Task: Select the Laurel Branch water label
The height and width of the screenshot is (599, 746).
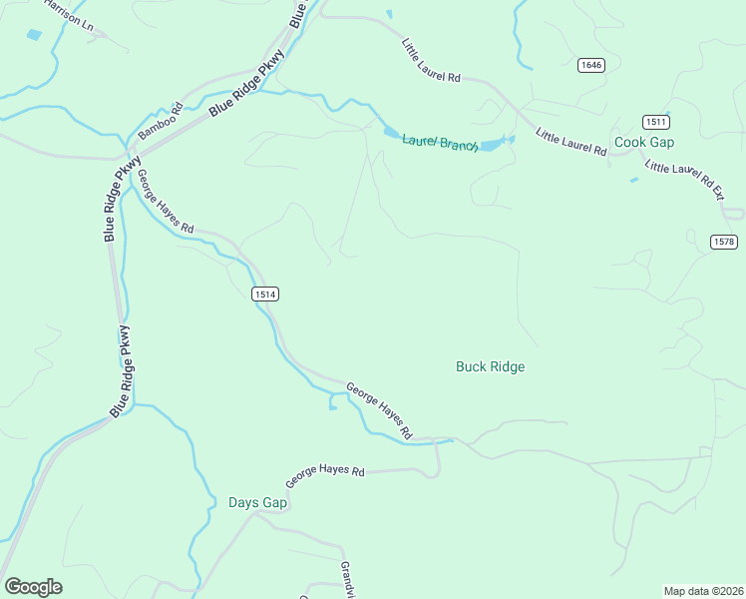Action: click(x=441, y=143)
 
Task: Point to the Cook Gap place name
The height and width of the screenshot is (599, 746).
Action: click(x=644, y=143)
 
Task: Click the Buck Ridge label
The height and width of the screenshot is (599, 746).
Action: click(x=490, y=366)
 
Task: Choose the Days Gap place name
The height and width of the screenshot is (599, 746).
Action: click(x=257, y=502)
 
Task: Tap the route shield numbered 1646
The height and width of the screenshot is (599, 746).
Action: click(x=591, y=65)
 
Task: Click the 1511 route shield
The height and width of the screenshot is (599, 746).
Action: click(x=655, y=121)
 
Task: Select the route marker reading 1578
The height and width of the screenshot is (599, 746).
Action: click(x=724, y=243)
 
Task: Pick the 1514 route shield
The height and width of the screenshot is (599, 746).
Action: click(x=264, y=294)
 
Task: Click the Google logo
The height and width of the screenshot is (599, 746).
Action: click(x=33, y=587)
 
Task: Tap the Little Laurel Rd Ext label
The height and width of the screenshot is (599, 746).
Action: click(x=683, y=180)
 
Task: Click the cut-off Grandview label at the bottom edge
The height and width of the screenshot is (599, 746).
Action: click(x=347, y=579)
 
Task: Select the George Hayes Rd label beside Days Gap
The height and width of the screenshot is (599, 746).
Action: click(x=325, y=477)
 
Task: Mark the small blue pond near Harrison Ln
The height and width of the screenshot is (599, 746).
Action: click(x=35, y=35)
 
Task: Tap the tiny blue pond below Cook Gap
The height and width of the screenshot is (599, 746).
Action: click(x=634, y=180)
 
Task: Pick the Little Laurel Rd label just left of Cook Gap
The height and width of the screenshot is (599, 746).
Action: click(x=571, y=142)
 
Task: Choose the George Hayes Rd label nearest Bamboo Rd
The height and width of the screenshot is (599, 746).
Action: click(x=165, y=201)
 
